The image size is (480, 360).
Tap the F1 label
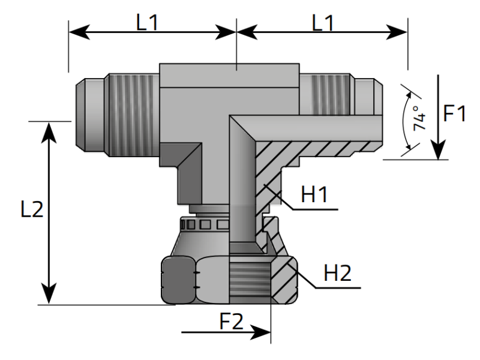point(454,113)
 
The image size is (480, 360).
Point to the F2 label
point(230,322)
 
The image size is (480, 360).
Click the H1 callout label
point(314,195)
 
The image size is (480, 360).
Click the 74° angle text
point(418,119)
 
